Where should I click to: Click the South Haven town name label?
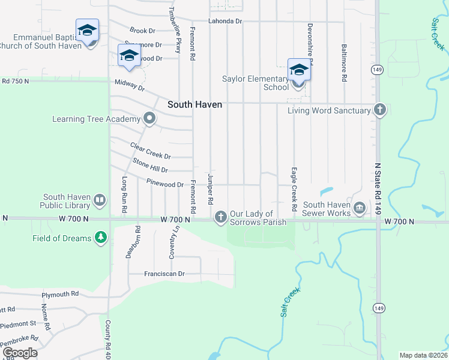(x=194, y=104)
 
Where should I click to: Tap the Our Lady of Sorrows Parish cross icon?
(x=221, y=216)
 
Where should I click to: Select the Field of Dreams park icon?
(x=101, y=238)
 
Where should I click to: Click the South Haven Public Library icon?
(x=100, y=199)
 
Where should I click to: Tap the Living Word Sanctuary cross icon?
(x=379, y=110)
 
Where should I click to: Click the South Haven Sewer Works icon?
(x=360, y=208)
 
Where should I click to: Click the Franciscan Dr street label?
(x=164, y=274)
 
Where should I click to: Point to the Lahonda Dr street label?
(x=225, y=21)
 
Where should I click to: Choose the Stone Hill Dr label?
(x=150, y=166)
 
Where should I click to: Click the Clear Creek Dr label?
(x=151, y=151)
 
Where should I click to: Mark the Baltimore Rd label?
(x=345, y=62)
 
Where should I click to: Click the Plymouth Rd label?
(x=60, y=295)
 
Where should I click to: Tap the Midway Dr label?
(x=130, y=85)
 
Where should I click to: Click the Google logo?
(x=20, y=353)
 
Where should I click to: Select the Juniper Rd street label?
(x=211, y=189)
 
